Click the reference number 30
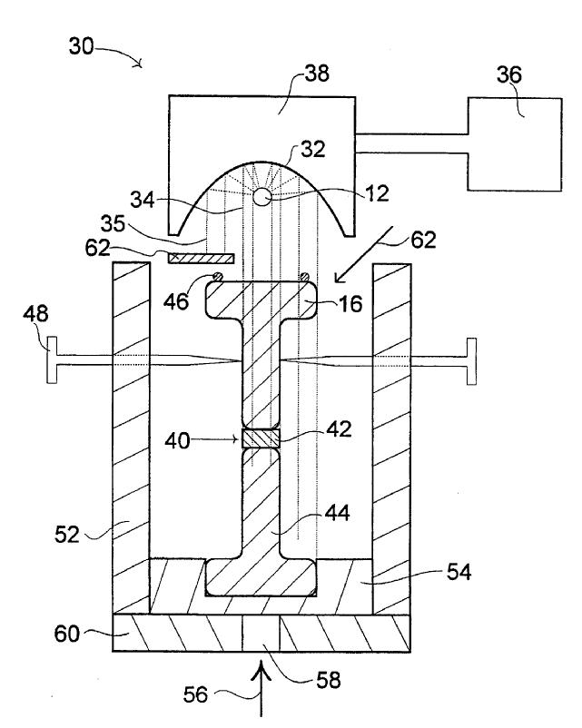coord(82,46)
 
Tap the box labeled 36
coord(515,144)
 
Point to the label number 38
coord(316,74)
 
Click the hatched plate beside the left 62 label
coord(202,258)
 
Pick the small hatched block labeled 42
coord(261,438)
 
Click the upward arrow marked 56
coord(261,690)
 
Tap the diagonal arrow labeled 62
coord(365,254)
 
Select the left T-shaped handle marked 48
coord(52,360)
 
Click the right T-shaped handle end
coord(471,361)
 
